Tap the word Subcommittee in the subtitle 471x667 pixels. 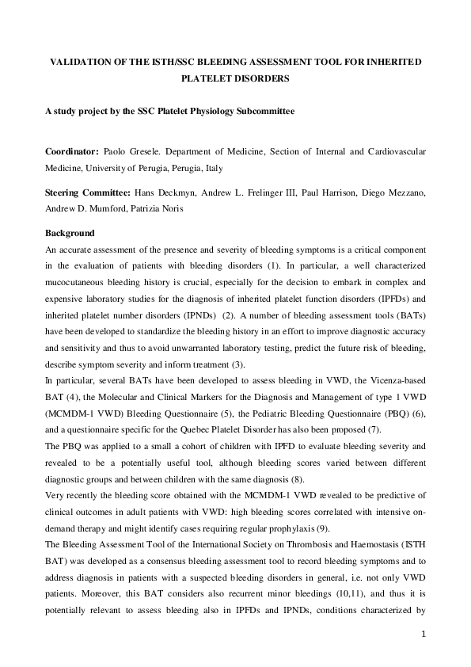(266, 112)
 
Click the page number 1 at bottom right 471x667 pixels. (424, 633)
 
